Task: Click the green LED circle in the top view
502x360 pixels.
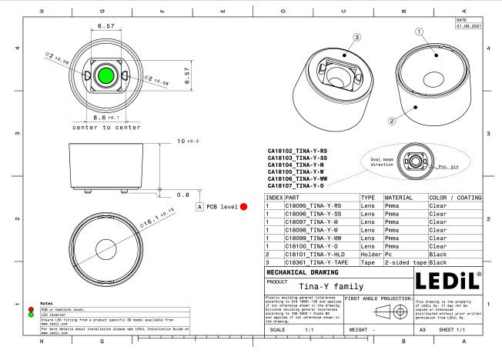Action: click(x=106, y=75)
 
